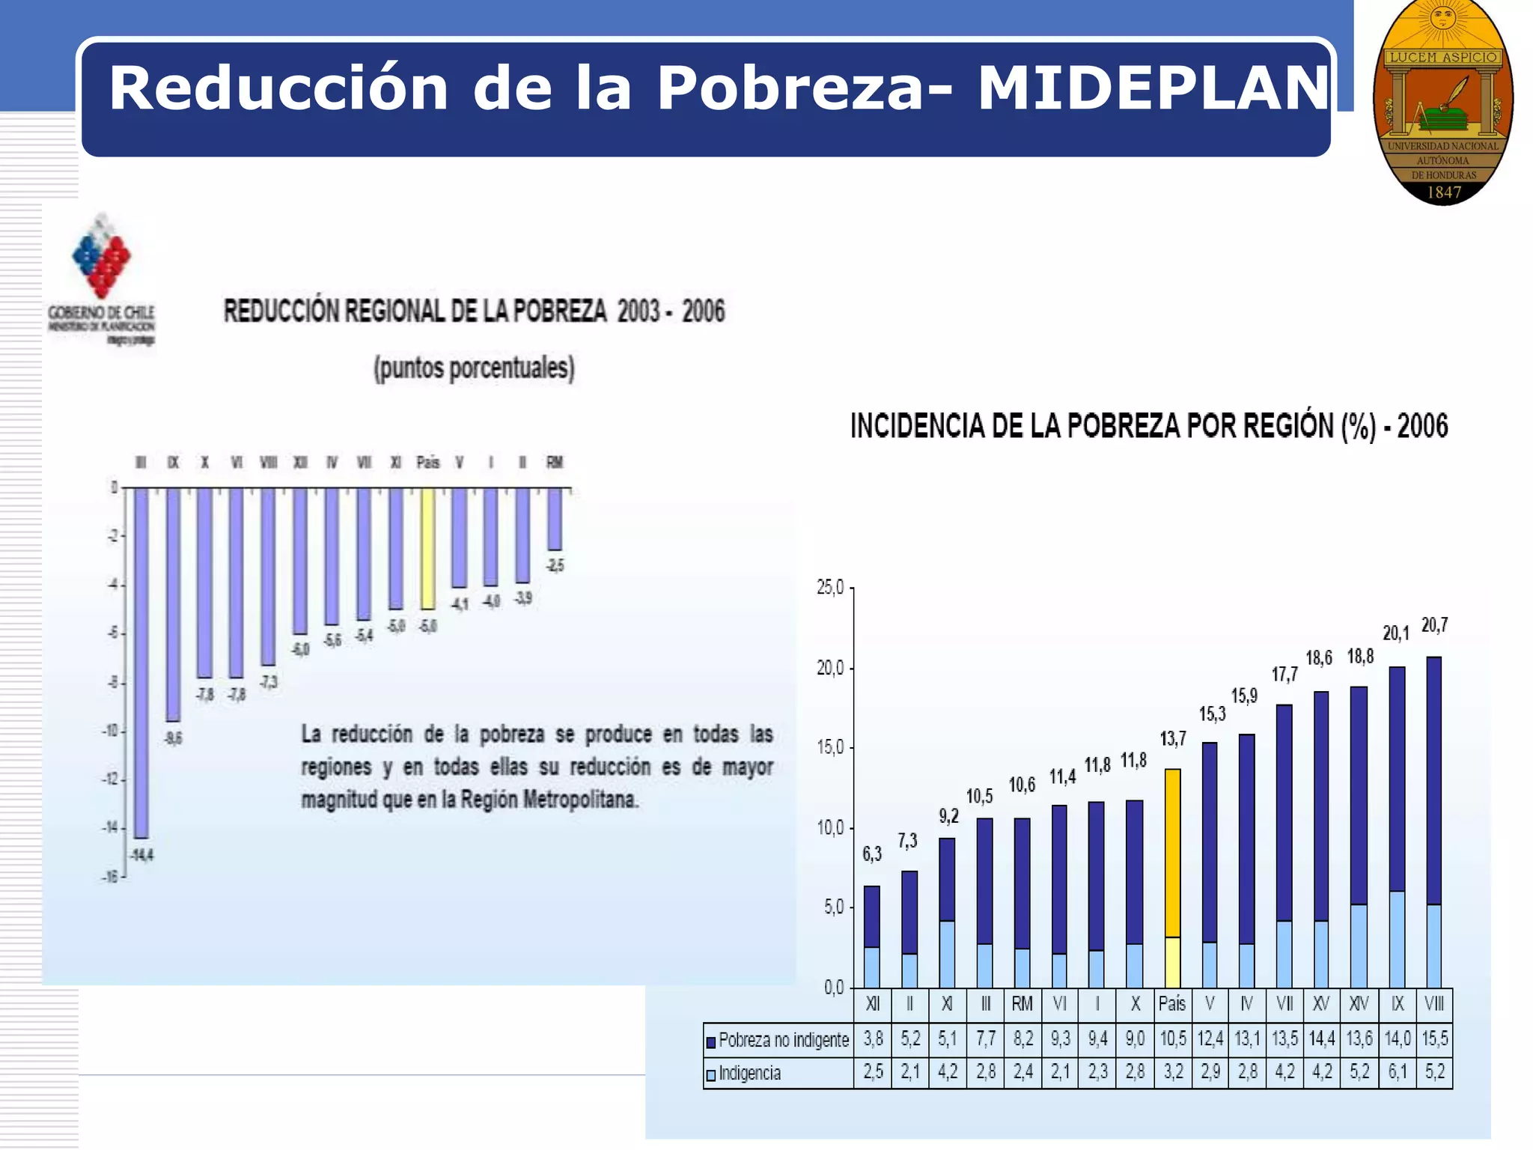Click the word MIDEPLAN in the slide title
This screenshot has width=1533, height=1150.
point(1153,88)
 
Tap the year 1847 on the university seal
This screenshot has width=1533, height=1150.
point(1444,192)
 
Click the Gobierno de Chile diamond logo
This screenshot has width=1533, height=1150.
point(102,256)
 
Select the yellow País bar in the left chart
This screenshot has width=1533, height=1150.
point(427,549)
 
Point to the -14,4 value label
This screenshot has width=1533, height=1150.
point(141,856)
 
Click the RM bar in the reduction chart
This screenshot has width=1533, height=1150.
point(555,520)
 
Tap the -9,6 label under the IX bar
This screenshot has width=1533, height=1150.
point(174,739)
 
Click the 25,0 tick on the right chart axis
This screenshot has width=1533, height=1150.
point(830,588)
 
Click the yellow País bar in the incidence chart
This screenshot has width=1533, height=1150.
point(1173,854)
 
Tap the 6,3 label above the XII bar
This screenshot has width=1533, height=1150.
point(872,854)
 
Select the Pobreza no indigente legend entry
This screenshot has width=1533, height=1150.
point(778,1041)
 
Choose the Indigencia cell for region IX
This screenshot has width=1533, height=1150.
point(1397,1072)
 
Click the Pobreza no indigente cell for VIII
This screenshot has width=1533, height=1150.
point(1434,1039)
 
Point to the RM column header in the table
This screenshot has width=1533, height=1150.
point(1022,1004)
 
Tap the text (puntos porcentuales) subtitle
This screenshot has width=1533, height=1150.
point(475,368)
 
